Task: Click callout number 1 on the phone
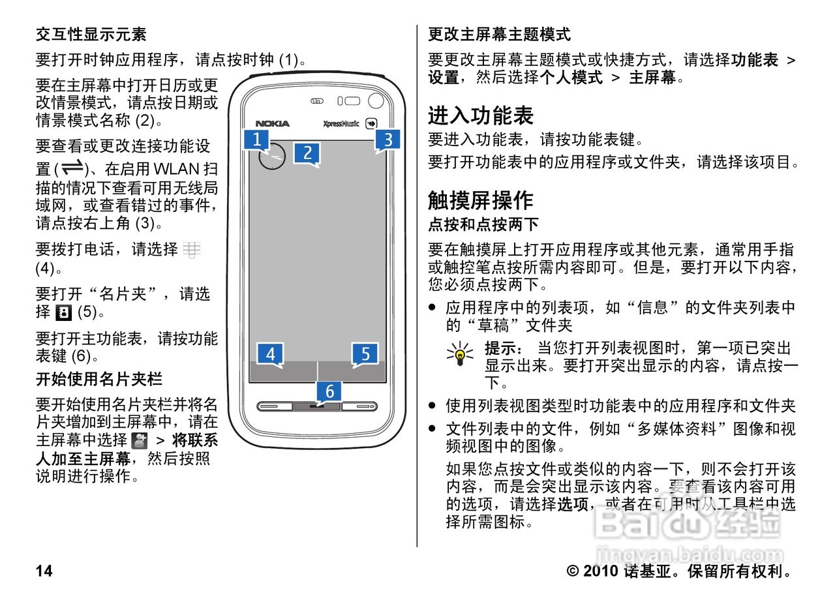pos(257,139)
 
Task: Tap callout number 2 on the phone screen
pos(307,153)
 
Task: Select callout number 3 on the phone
pos(387,139)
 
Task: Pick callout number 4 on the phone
pos(270,354)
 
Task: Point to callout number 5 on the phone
pos(365,354)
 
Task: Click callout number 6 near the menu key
pos(329,391)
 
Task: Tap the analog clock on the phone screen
pos(272,157)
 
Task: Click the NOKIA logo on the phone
pos(272,123)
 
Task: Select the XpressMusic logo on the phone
pos(341,123)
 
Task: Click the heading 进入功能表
pos(481,115)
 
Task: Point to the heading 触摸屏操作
pos(481,200)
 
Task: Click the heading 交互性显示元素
pos(91,34)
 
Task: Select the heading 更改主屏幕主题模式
pos(499,34)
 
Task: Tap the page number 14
pos(44,572)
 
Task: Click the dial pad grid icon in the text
pos(192,249)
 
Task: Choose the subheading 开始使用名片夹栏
pos(99,379)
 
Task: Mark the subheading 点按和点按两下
pos(483,225)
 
